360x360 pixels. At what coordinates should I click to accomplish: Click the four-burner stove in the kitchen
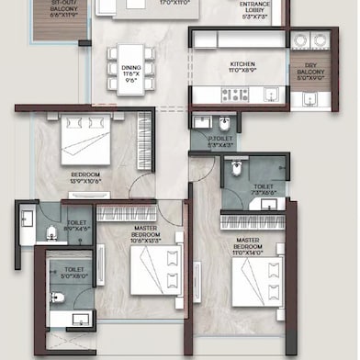(234, 94)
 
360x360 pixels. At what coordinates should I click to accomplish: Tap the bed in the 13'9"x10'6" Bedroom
(85, 143)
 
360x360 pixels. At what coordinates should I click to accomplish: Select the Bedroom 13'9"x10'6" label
(84, 177)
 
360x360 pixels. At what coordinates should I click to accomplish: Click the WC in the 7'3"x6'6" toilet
(238, 167)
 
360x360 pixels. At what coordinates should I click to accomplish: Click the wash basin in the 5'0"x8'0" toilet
(80, 321)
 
